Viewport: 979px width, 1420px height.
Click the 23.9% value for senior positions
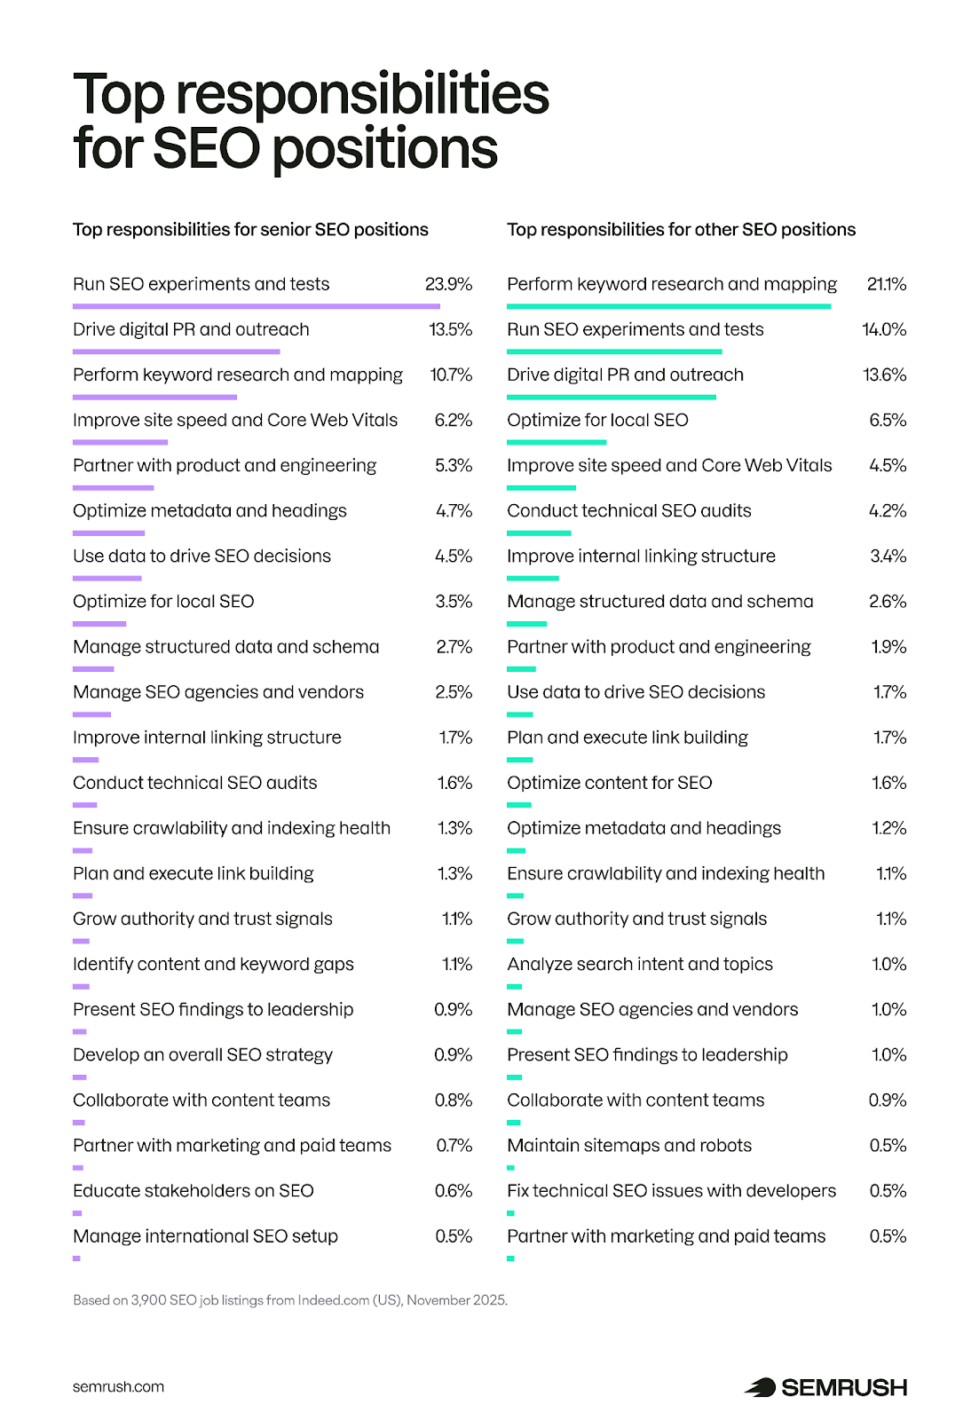pyautogui.click(x=448, y=284)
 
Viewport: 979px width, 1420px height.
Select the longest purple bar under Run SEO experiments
pyautogui.click(x=256, y=306)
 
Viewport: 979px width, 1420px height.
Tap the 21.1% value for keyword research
pyautogui.click(x=886, y=284)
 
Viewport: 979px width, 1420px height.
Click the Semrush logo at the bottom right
pyautogui.click(x=825, y=1387)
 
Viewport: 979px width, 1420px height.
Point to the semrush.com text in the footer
pyautogui.click(x=118, y=1387)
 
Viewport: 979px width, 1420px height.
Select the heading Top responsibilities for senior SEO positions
pyautogui.click(x=250, y=230)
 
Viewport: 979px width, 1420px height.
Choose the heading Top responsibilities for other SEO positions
pyautogui.click(x=681, y=230)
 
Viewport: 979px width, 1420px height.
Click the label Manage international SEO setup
pyautogui.click(x=205, y=1236)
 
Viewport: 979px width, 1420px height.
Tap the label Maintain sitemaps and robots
pyautogui.click(x=629, y=1146)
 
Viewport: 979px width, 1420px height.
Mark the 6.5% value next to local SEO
pyautogui.click(x=888, y=420)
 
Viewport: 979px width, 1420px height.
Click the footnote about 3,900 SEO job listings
pyautogui.click(x=290, y=1300)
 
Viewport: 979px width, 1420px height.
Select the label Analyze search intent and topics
pyautogui.click(x=640, y=964)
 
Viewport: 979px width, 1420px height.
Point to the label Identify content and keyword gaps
pyautogui.click(x=213, y=964)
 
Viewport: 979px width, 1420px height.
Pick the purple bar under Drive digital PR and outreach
pyautogui.click(x=176, y=351)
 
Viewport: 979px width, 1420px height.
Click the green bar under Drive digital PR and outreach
pyautogui.click(x=612, y=397)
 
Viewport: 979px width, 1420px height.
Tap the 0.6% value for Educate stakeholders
pyautogui.click(x=453, y=1191)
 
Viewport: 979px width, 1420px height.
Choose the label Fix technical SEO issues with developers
pyautogui.click(x=671, y=1191)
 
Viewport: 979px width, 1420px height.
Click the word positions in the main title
pyautogui.click(x=385, y=148)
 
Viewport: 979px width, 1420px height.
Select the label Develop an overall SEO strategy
pyautogui.click(x=202, y=1055)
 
